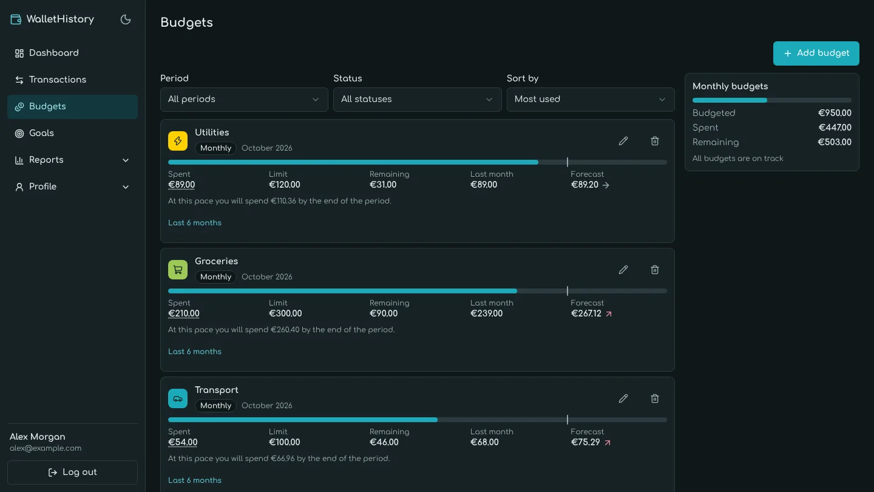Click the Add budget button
pos(816,53)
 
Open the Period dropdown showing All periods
pos(244,99)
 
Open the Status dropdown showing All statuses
pos(417,99)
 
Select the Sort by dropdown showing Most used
pos(591,99)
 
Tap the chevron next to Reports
pos(126,160)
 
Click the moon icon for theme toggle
pos(125,19)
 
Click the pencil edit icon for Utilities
pos(623,141)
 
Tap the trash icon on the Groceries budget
pos(655,270)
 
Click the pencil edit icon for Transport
pos(623,398)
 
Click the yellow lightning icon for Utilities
pos(177,141)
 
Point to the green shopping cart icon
pos(177,270)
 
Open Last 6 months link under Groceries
pos(195,352)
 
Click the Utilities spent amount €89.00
pos(181,185)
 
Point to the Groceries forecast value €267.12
pos(586,313)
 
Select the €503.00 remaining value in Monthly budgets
pos(835,142)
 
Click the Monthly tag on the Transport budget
pos(216,406)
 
